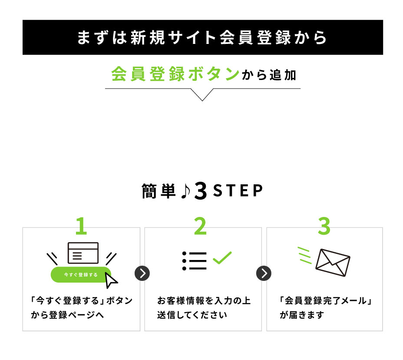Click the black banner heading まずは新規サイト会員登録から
(202, 37)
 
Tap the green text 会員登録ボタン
(175, 74)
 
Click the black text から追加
(269, 75)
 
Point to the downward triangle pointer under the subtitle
(202, 94)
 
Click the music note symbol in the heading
(185, 191)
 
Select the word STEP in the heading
(238, 191)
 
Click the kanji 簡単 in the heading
(159, 191)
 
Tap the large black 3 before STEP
(201, 191)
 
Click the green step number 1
(81, 226)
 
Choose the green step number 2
(201, 226)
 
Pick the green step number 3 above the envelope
(324, 226)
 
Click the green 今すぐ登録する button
(80, 275)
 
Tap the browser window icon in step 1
(83, 253)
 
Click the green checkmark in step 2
(222, 257)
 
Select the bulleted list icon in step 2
(194, 261)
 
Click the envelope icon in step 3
(333, 263)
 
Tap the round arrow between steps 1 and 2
(142, 273)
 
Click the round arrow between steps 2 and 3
(264, 273)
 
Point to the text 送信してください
(192, 315)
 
